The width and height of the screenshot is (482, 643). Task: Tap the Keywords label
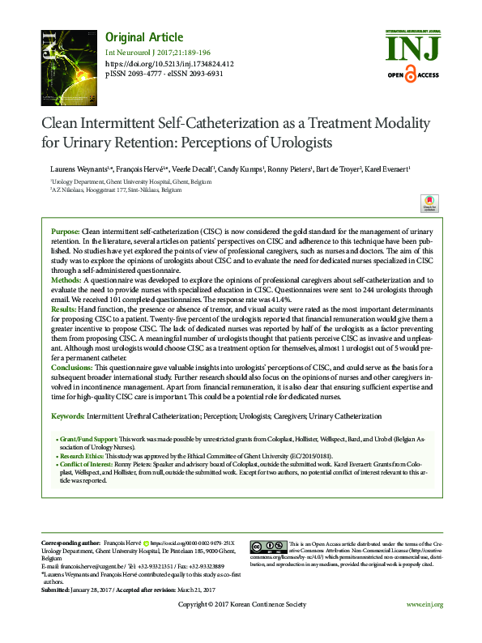coord(67,415)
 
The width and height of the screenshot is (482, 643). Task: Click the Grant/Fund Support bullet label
coord(86,437)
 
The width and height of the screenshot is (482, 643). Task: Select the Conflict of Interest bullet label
coord(86,465)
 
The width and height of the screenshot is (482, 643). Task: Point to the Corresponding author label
coord(73,540)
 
